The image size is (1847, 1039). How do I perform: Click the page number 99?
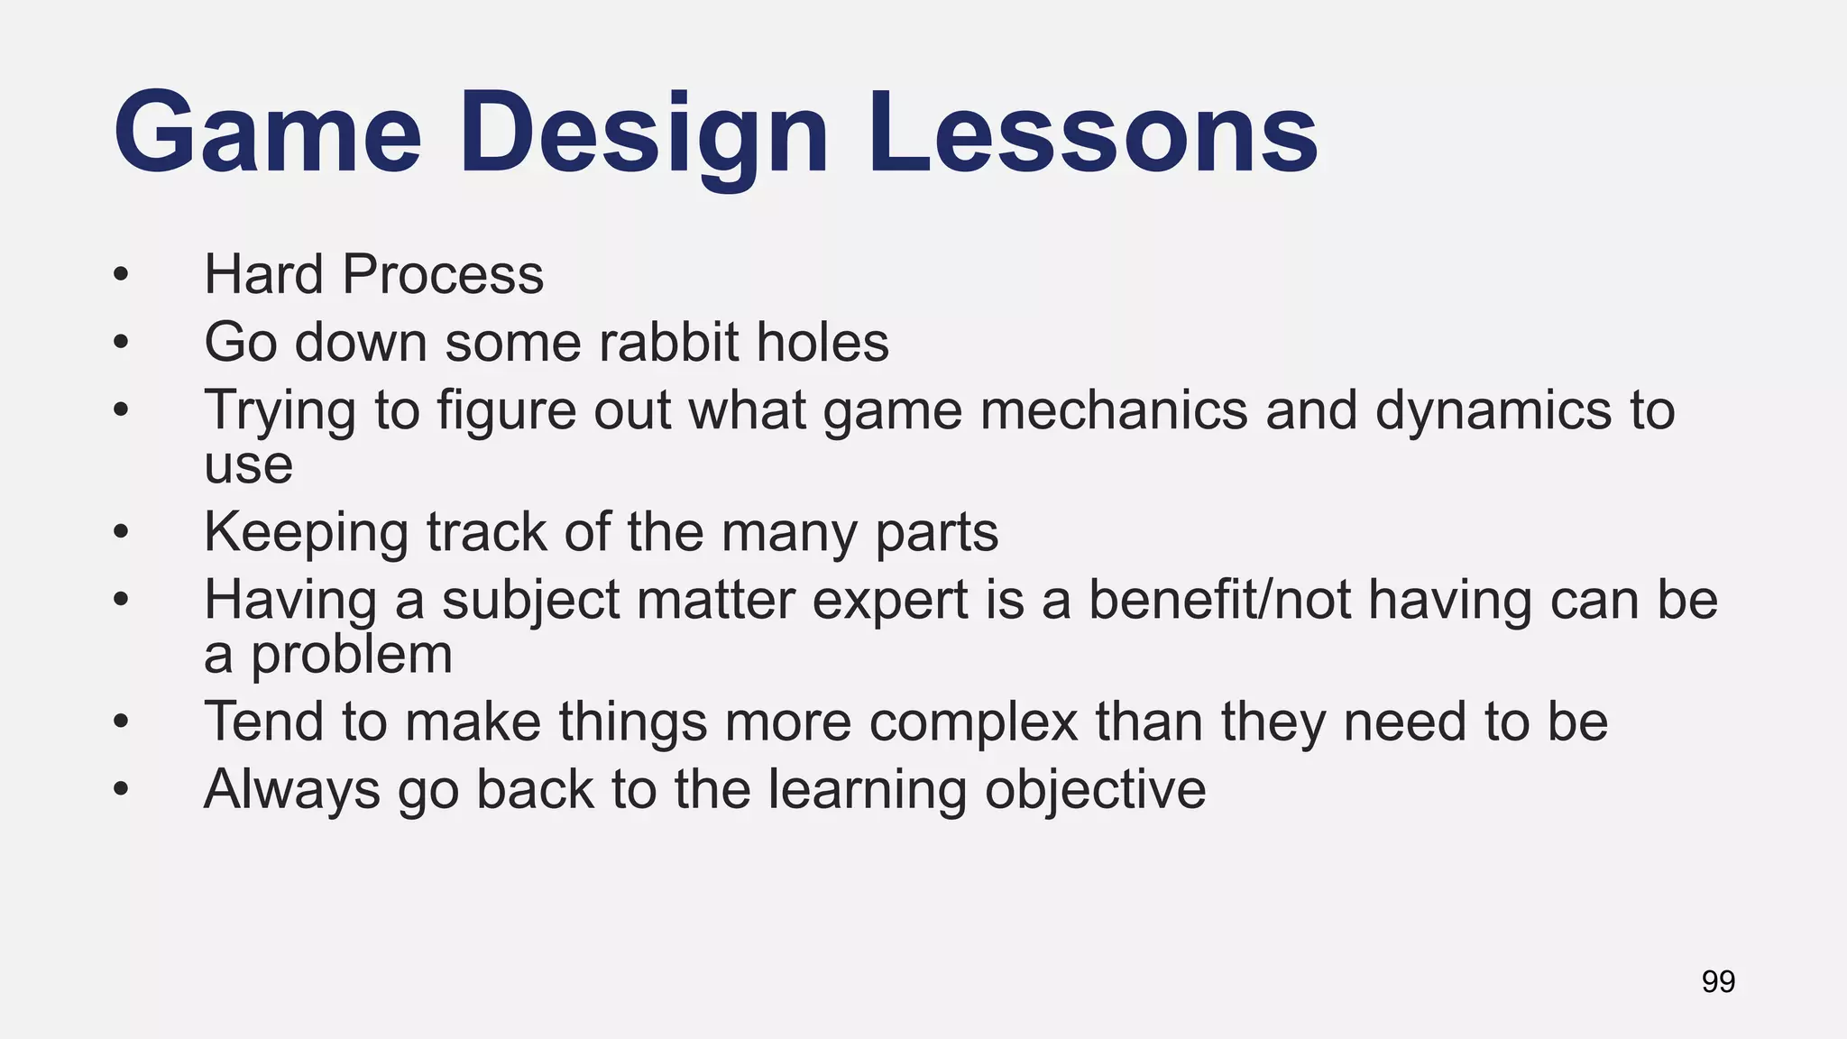tap(1718, 981)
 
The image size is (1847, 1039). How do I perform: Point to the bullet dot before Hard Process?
tap(122, 274)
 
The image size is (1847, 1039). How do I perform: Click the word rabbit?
tap(667, 343)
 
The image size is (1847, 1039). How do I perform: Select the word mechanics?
tap(1114, 410)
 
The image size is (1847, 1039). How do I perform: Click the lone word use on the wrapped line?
tap(248, 466)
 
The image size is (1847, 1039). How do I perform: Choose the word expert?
tap(889, 601)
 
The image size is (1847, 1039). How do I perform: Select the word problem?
tap(351, 655)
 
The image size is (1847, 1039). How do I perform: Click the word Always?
tap(292, 790)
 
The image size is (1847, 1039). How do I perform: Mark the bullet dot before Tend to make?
tap(122, 722)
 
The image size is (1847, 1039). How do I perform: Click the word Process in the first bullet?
tap(443, 274)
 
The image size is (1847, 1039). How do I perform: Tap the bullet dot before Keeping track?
tap(122, 532)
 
